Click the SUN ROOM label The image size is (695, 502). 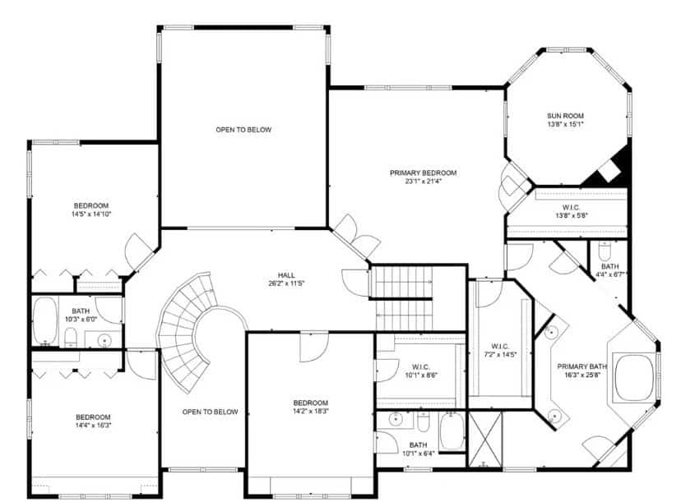tap(565, 116)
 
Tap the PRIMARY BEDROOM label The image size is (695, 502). tap(423, 173)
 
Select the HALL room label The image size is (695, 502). tap(286, 275)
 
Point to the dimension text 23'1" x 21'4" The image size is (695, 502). tap(423, 181)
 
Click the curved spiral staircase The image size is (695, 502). tap(186, 332)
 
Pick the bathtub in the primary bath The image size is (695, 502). tap(634, 378)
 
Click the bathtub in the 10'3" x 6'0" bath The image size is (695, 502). tap(45, 321)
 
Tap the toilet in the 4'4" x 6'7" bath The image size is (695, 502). tap(605, 251)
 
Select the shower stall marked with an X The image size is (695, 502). tap(485, 439)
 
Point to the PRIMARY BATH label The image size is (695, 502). tap(581, 366)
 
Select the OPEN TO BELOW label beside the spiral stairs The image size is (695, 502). tap(210, 412)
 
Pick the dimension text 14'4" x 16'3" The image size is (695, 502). tap(93, 426)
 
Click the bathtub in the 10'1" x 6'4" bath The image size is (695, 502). tap(452, 431)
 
